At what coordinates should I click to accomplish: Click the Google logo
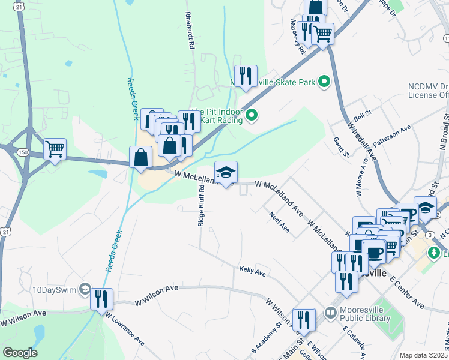point(20,353)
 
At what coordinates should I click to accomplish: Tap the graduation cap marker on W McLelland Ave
point(226,172)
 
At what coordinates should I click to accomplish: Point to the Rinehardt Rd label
point(191,32)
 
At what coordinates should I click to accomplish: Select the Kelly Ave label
point(252,272)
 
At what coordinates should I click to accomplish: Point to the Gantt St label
point(342,147)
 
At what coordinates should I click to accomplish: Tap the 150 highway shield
point(23,153)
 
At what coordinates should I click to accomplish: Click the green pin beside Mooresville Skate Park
point(325,81)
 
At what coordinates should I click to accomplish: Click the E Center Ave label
point(407,292)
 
